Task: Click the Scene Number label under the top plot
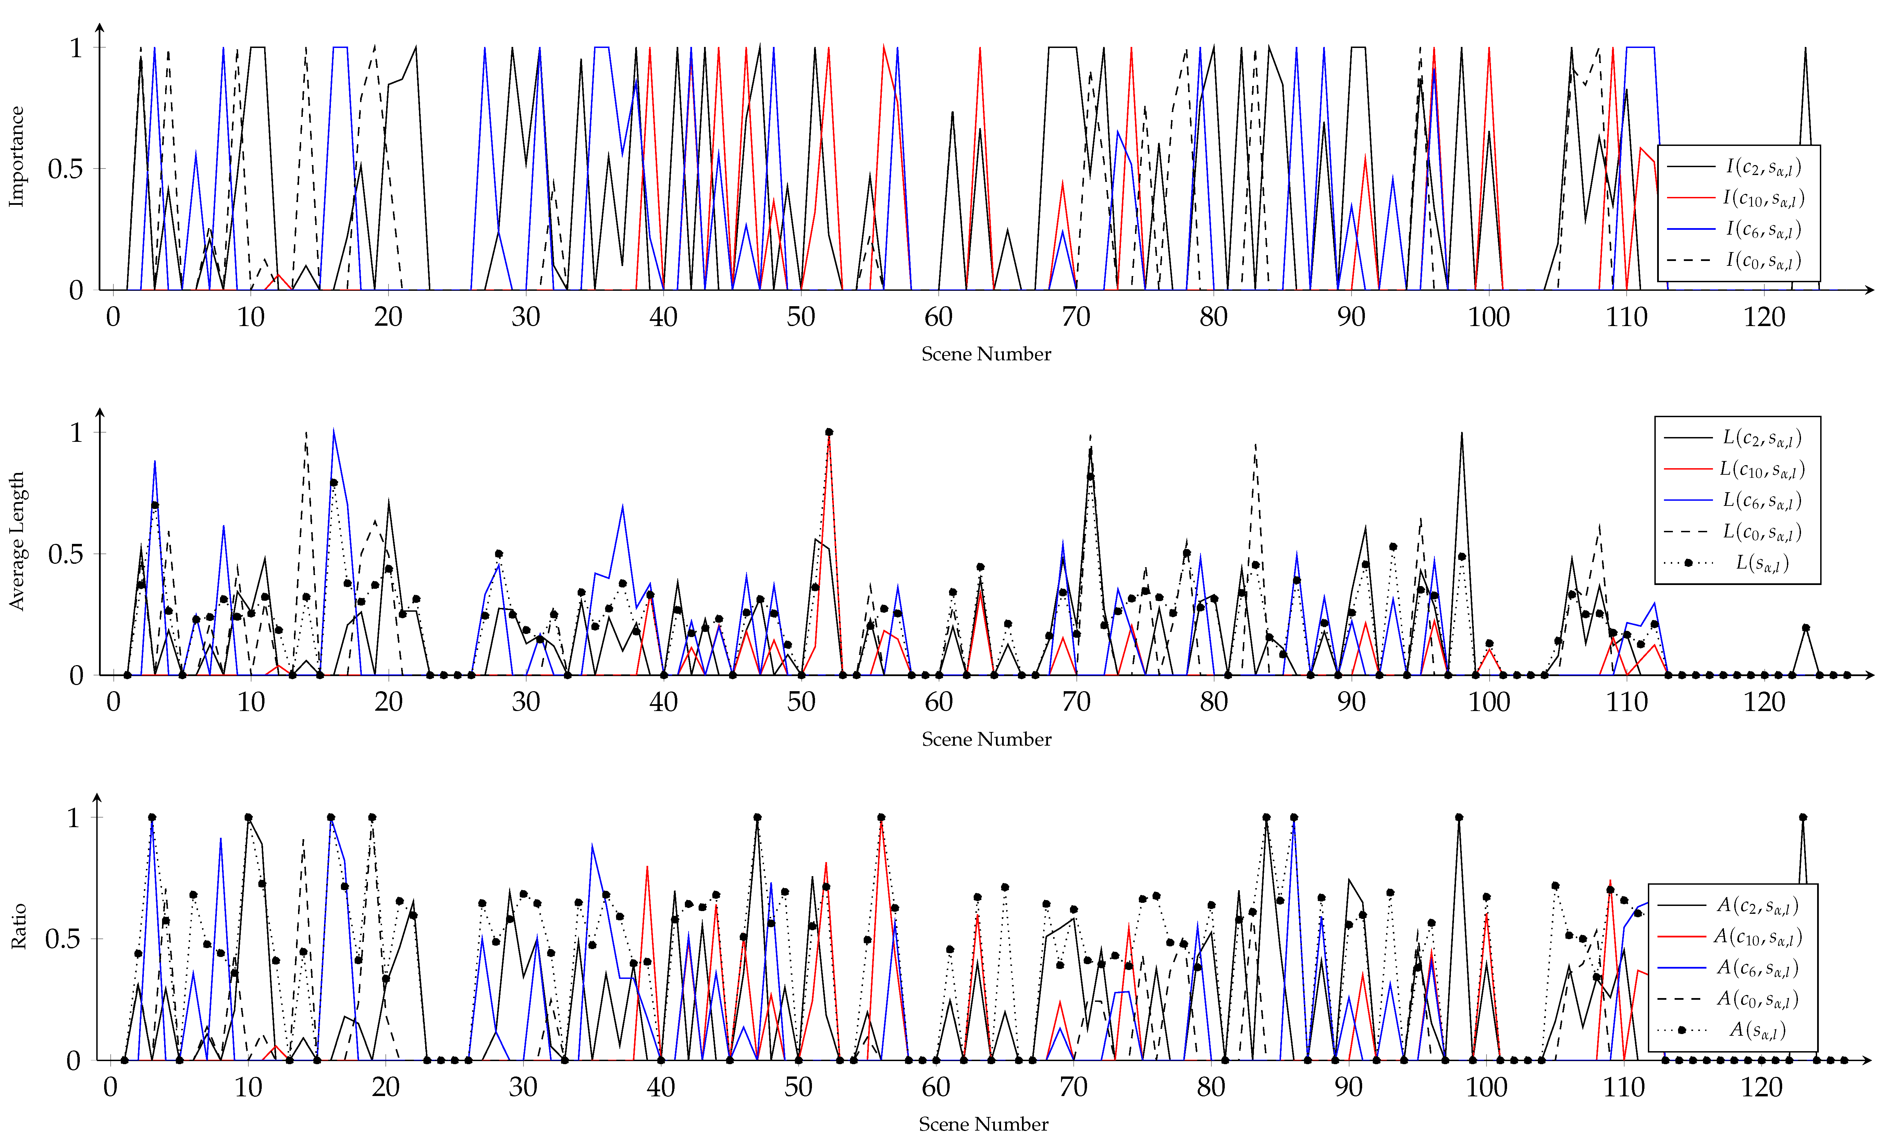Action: click(x=986, y=354)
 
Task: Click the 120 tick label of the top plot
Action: click(x=1764, y=317)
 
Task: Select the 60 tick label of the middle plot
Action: click(x=938, y=702)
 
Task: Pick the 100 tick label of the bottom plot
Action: click(x=1486, y=1087)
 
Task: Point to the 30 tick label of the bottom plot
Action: click(x=523, y=1087)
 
